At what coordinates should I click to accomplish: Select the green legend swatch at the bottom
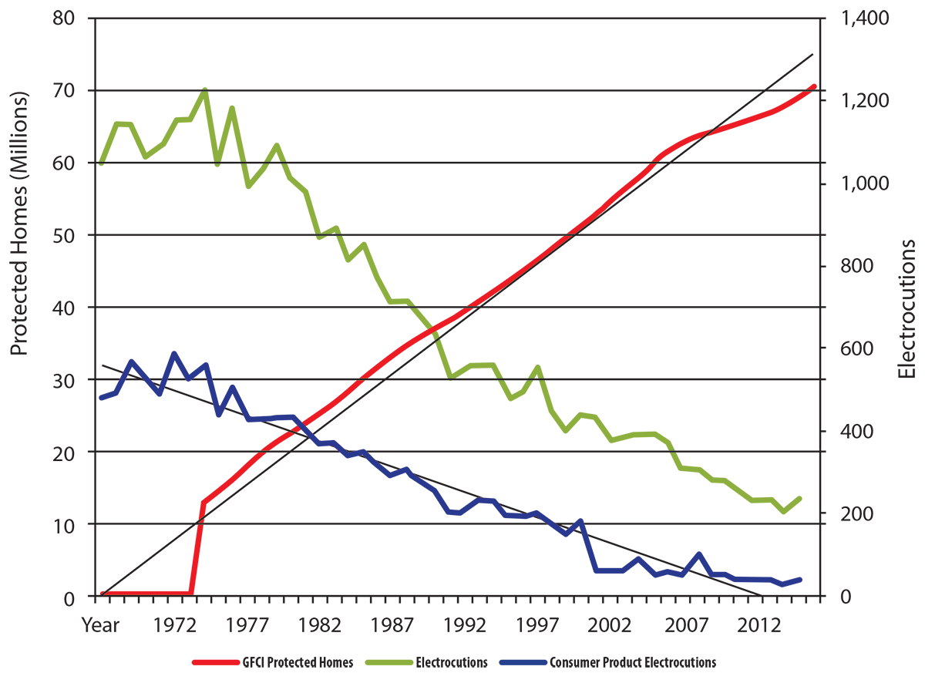[386, 655]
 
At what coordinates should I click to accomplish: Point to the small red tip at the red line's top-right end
[811, 82]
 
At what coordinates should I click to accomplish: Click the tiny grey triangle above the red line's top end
[814, 51]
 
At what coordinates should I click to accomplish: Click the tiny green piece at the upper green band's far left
[101, 167]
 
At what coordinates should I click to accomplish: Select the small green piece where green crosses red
[420, 318]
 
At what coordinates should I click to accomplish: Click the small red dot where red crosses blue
[295, 428]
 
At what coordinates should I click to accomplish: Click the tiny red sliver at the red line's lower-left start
[102, 589]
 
